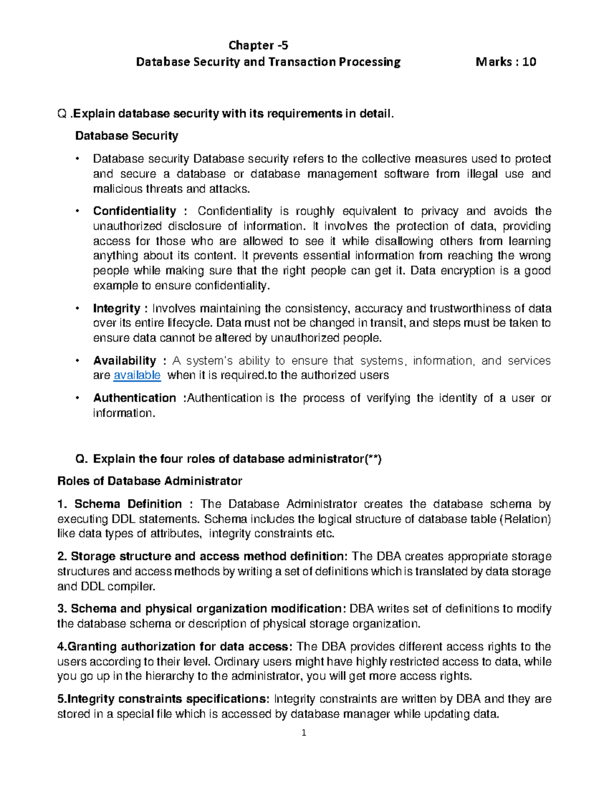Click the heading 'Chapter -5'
click(258, 46)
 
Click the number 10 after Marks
click(529, 62)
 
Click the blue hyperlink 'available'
click(137, 375)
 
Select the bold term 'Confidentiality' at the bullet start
click(134, 211)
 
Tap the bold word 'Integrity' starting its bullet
click(117, 309)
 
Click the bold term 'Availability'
click(125, 361)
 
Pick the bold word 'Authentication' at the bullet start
click(134, 398)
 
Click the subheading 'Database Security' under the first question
click(126, 136)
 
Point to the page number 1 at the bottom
click(303, 733)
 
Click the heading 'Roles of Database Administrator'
click(150, 481)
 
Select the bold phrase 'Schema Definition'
click(128, 504)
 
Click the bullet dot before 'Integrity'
click(77, 309)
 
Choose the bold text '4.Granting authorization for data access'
click(173, 647)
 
